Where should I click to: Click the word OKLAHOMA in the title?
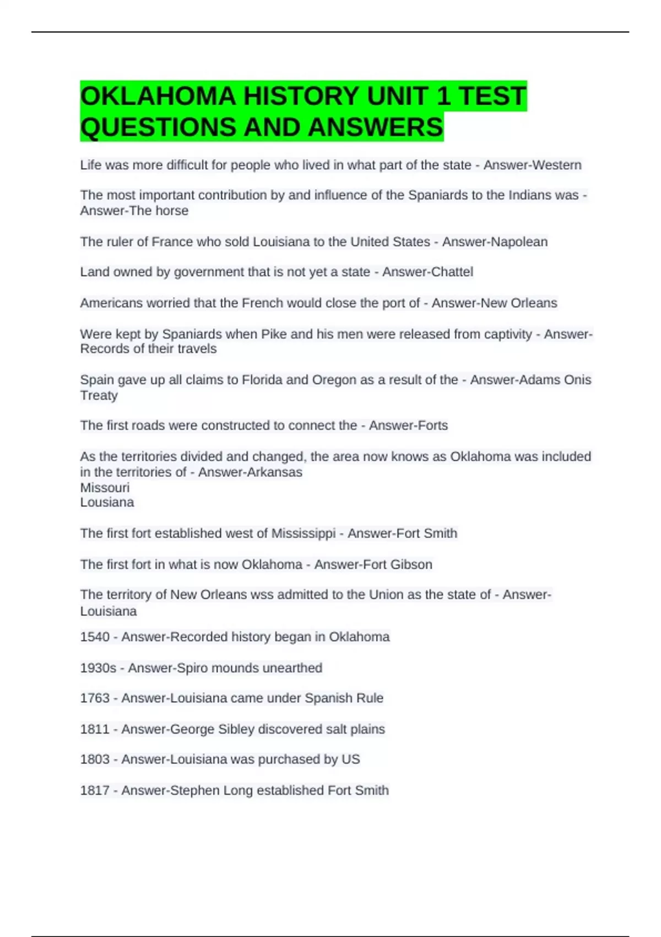click(x=158, y=96)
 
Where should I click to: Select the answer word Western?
click(x=556, y=165)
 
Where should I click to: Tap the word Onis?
click(x=577, y=380)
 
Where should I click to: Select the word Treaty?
click(x=99, y=395)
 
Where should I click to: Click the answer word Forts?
click(x=432, y=426)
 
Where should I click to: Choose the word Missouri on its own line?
click(x=105, y=488)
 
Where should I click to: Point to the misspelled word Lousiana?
click(x=107, y=502)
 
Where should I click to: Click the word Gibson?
click(x=411, y=564)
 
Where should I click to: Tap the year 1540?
click(x=95, y=637)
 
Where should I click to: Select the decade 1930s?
click(x=98, y=668)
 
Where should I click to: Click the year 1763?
click(x=95, y=698)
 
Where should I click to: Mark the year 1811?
click(x=95, y=729)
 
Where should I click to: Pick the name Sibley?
click(x=236, y=729)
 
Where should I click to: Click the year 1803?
click(x=95, y=760)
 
